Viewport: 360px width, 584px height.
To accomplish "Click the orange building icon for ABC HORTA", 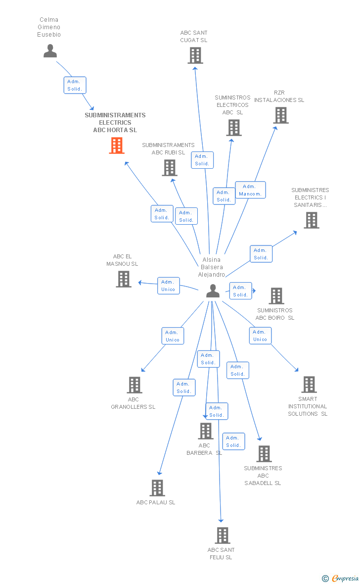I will coord(117,146).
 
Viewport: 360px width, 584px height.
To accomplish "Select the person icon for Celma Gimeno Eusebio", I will coord(50,51).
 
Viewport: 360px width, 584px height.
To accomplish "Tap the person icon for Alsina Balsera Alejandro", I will coord(213,291).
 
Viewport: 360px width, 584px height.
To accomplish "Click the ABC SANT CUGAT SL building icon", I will coord(195,55).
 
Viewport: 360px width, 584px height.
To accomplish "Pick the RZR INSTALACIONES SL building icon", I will coord(281,115).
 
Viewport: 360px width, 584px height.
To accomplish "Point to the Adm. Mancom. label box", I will coord(250,190).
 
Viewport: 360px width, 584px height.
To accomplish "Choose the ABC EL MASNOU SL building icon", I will coord(123,279).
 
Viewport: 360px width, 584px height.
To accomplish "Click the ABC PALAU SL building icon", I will coord(157,488).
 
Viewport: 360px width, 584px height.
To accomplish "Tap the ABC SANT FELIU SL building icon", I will coord(223,535).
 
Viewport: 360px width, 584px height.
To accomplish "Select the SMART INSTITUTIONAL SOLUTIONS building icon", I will coord(309,385).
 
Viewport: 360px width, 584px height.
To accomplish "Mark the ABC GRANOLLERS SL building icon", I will coord(135,385).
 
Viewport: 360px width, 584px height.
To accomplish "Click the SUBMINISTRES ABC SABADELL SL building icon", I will coord(264,454).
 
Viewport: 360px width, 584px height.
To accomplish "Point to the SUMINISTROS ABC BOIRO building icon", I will coord(276,296).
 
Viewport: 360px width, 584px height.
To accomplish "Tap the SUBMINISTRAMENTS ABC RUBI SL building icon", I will coord(170,168).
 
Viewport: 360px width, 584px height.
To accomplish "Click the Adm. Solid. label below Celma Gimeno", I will coord(75,85).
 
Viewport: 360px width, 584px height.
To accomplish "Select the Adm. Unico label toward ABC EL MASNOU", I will coord(168,286).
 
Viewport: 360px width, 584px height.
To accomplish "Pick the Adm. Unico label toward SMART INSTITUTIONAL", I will coord(260,336).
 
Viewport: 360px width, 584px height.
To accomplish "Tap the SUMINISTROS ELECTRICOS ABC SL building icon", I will coord(233,128).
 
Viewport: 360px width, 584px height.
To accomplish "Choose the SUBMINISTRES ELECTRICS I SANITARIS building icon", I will coord(311,220).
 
